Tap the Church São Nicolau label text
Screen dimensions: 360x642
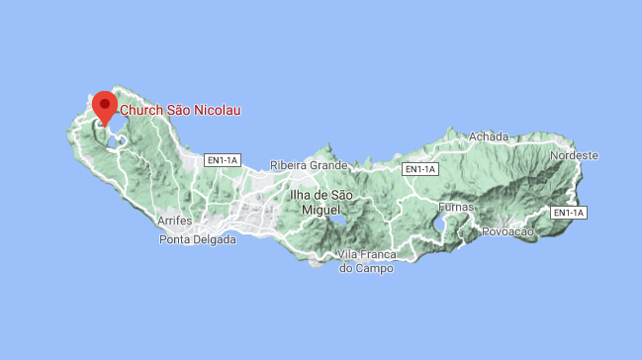(x=180, y=111)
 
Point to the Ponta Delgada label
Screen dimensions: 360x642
(x=198, y=239)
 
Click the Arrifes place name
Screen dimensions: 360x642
(x=174, y=221)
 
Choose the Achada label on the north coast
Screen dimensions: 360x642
(x=489, y=136)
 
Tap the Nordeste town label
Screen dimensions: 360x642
(x=575, y=155)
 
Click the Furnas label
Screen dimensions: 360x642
(x=456, y=208)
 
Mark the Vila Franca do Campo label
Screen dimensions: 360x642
(x=366, y=261)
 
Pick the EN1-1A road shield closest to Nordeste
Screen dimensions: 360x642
(x=568, y=213)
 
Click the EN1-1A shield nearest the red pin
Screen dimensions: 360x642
(x=223, y=160)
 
